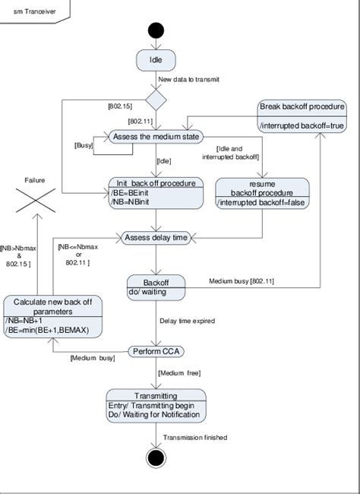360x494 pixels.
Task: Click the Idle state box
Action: point(156,59)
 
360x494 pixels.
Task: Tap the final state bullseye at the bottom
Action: point(156,460)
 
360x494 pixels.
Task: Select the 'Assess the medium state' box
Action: point(156,137)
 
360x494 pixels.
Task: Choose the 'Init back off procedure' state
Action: point(156,193)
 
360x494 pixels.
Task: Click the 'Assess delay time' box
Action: point(156,238)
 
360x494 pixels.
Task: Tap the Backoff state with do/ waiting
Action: point(156,286)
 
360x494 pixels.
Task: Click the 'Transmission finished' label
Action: point(194,437)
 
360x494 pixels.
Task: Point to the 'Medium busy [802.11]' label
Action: point(242,280)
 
